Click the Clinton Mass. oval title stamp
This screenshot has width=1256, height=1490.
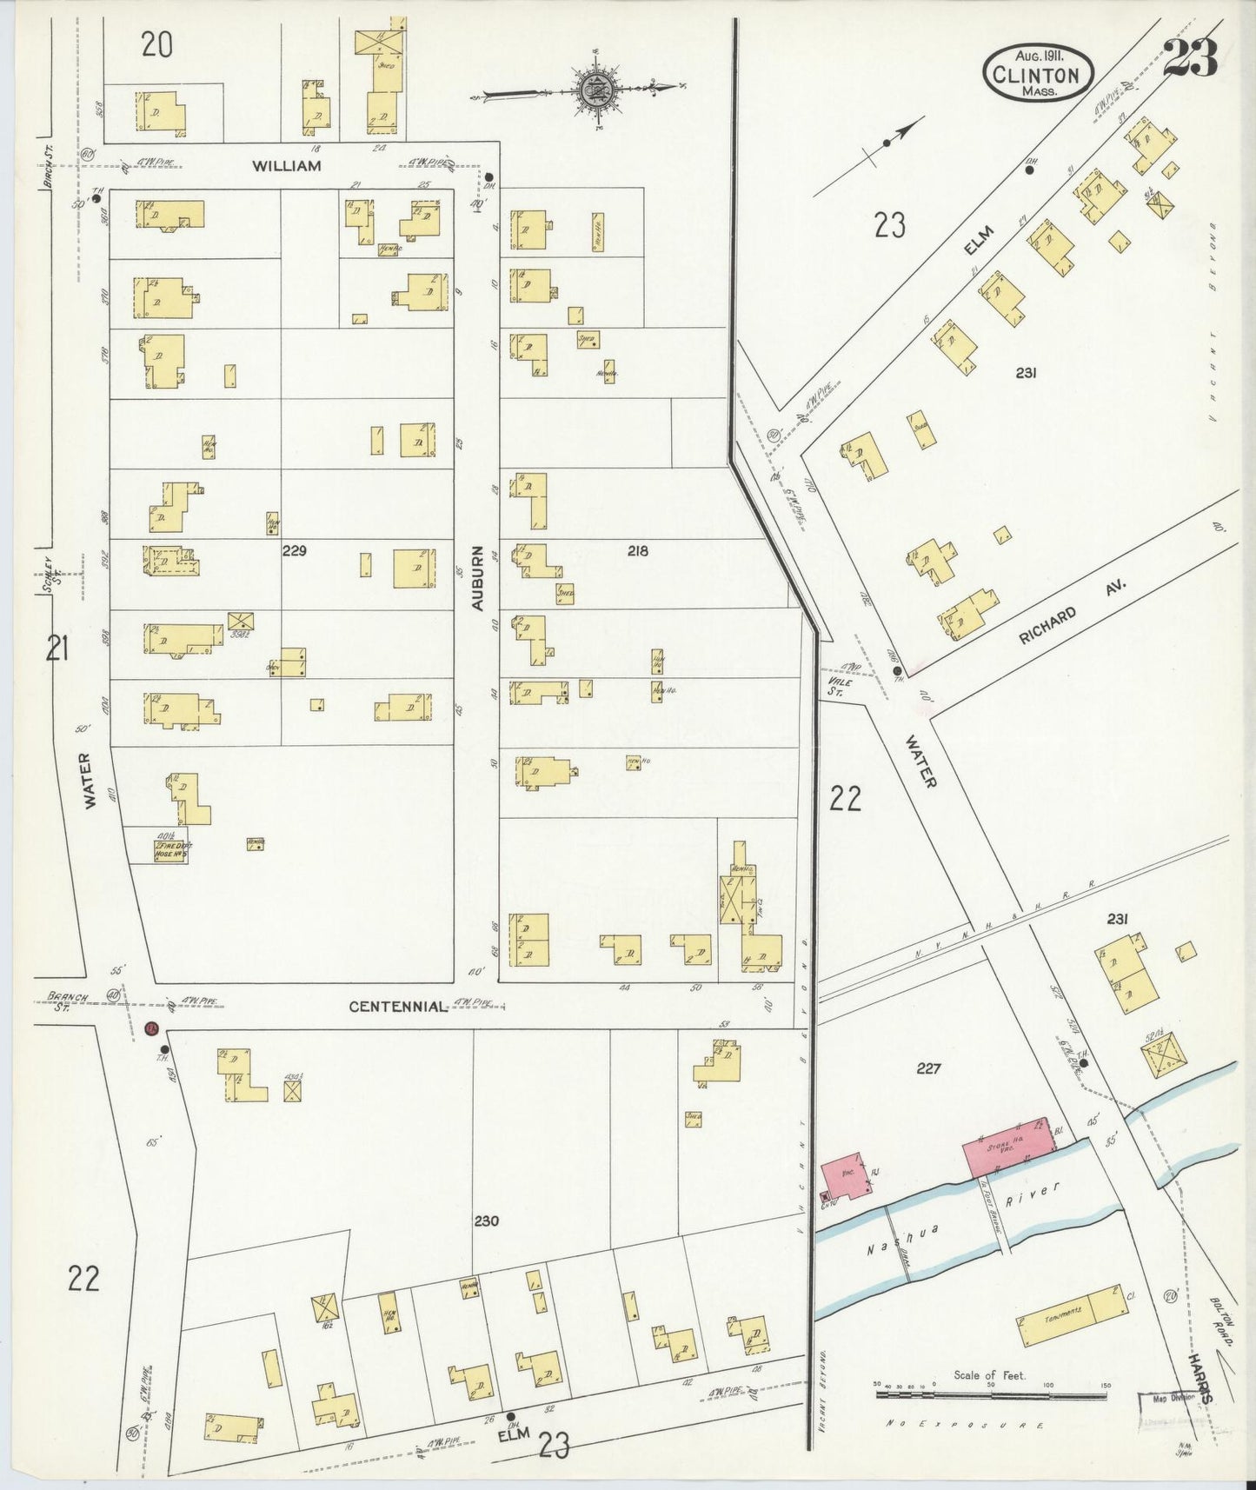click(x=1038, y=74)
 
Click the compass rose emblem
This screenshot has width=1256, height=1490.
click(x=599, y=88)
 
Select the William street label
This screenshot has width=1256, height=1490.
click(x=288, y=165)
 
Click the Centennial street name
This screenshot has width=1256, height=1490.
click(x=398, y=1006)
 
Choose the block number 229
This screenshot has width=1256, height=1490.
click(x=295, y=550)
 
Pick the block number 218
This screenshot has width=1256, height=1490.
click(x=637, y=550)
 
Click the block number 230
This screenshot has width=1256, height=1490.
click(x=486, y=1221)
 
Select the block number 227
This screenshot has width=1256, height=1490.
click(x=928, y=1068)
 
